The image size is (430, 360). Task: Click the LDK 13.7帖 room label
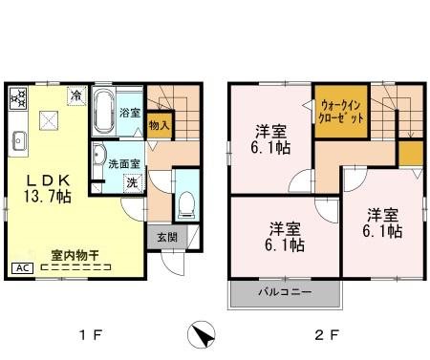pyautogui.click(x=45, y=187)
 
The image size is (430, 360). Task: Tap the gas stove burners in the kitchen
pyautogui.click(x=19, y=98)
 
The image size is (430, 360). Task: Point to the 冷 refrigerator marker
pyautogui.click(x=76, y=95)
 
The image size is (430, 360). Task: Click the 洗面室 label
pyautogui.click(x=124, y=162)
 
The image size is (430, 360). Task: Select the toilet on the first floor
pyautogui.click(x=186, y=202)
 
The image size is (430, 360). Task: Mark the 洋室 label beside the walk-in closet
pyautogui.click(x=271, y=138)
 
